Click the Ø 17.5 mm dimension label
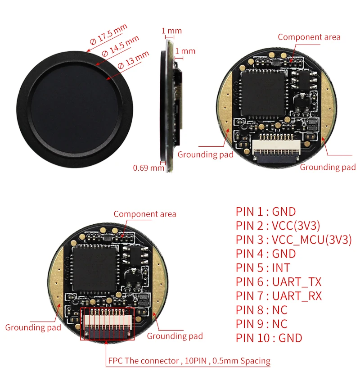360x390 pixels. pyautogui.click(x=108, y=35)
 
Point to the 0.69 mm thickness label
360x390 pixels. pyautogui.click(x=148, y=168)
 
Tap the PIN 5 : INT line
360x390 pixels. pyautogui.click(x=263, y=268)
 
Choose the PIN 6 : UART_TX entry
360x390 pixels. pyautogui.click(x=279, y=282)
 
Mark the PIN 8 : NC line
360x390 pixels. pyautogui.click(x=261, y=310)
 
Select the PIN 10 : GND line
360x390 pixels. pyautogui.click(x=269, y=338)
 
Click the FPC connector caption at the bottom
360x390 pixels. pyautogui.click(x=189, y=361)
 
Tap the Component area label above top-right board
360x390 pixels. pyautogui.click(x=309, y=37)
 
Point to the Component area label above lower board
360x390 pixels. pyautogui.click(x=145, y=214)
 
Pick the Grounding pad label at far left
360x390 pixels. pyautogui.click(x=33, y=327)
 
